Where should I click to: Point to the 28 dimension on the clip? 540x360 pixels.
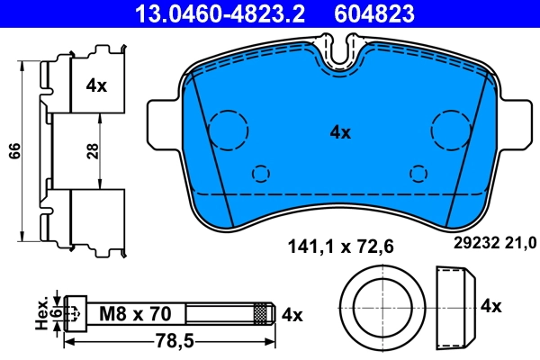pos(92,152)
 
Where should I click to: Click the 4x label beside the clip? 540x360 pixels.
pos(96,86)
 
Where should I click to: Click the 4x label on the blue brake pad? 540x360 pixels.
pos(339,132)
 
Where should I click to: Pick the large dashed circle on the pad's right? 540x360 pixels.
pos(450,128)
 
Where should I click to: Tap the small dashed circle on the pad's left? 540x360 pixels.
pos(261,172)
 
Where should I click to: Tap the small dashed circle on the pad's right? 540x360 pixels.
pos(418,172)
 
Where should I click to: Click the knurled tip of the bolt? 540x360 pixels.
pos(263,314)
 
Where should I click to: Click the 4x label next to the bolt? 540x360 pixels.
pos(292,314)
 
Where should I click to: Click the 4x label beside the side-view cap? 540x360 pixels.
pos(490,306)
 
